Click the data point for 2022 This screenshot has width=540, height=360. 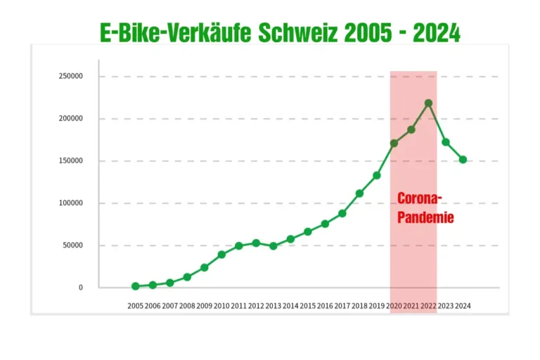[x=428, y=103]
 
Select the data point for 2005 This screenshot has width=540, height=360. [x=135, y=286]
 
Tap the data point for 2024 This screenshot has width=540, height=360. [x=463, y=160]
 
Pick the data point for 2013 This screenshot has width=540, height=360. [x=273, y=246]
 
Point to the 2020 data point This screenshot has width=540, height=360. [x=394, y=143]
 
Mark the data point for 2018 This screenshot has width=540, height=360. [x=359, y=193]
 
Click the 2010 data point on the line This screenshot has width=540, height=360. [x=221, y=255]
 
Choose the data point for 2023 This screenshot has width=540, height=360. [x=446, y=142]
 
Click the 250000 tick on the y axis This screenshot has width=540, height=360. [x=71, y=77]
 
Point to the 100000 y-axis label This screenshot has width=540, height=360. [x=71, y=203]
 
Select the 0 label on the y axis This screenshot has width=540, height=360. [x=81, y=288]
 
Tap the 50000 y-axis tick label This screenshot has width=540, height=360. [x=73, y=245]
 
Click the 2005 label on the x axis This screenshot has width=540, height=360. [x=135, y=306]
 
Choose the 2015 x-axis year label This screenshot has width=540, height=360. [x=307, y=306]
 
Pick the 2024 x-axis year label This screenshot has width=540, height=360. [x=463, y=306]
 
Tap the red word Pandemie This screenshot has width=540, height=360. [x=425, y=217]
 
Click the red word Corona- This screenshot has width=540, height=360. [x=420, y=198]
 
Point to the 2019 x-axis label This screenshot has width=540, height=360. [x=376, y=306]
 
